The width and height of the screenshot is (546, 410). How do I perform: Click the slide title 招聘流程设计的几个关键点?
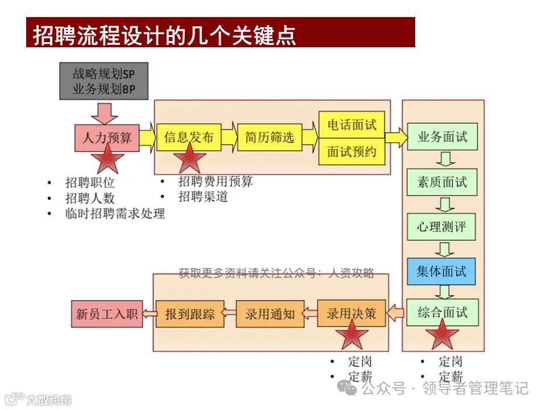[x=164, y=34]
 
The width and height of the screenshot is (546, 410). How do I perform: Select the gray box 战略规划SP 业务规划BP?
[x=104, y=81]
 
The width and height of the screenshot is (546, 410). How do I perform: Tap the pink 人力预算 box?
[x=106, y=138]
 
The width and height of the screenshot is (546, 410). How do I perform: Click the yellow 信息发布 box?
[x=188, y=137]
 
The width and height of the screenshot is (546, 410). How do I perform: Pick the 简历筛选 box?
[x=270, y=137]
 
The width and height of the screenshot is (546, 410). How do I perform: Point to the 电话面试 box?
[x=351, y=125]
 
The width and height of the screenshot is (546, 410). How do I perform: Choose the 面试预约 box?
[x=351, y=151]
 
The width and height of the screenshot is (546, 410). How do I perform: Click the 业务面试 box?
[x=442, y=137]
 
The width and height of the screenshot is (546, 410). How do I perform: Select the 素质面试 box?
[x=442, y=182]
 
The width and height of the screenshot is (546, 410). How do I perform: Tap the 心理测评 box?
[x=442, y=227]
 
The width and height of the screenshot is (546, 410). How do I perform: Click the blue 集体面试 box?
[x=442, y=272]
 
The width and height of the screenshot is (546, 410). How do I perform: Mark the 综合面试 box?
[x=442, y=313]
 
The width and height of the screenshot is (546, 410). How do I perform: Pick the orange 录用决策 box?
[x=351, y=314]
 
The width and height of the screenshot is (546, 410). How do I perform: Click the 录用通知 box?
[x=270, y=314]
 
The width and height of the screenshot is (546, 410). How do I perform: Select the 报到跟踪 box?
[x=189, y=314]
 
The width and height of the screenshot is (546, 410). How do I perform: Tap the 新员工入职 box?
[x=106, y=314]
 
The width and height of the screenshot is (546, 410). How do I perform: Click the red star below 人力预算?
[x=107, y=159]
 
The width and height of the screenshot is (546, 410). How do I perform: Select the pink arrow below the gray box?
[x=105, y=113]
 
